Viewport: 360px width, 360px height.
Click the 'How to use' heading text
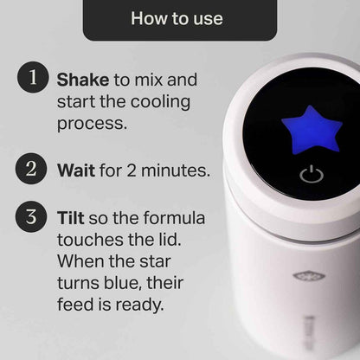pos(177,18)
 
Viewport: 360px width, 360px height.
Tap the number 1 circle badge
pos(33,79)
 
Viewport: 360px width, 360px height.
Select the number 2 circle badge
pos(33,170)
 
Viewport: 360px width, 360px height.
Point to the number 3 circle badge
pos(33,216)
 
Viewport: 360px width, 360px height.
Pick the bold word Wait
pos(75,170)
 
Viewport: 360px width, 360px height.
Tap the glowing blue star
pos(312,130)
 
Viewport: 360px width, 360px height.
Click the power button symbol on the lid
pos(312,176)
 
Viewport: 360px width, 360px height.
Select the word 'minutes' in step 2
pos(178,170)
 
